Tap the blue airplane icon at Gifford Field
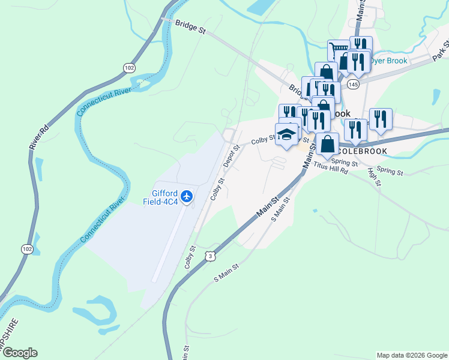pyautogui.click(x=187, y=196)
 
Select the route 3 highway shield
pyautogui.click(x=209, y=256)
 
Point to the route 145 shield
pyautogui.click(x=352, y=83)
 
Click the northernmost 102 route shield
pyautogui.click(x=129, y=68)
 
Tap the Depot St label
pyautogui.click(x=231, y=155)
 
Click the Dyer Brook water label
pyautogui.click(x=390, y=61)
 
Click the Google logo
pyautogui.click(x=19, y=353)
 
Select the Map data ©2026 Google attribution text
pyautogui.click(x=411, y=355)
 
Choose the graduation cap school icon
pyautogui.click(x=286, y=135)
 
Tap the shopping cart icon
pyautogui.click(x=338, y=50)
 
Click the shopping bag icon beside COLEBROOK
pyautogui.click(x=328, y=144)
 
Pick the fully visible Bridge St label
pyautogui.click(x=191, y=29)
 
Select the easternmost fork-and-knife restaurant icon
pyautogui.click(x=381, y=119)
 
